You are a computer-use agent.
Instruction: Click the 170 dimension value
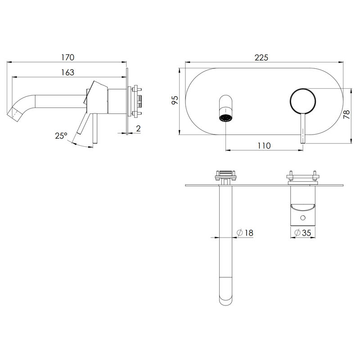68,58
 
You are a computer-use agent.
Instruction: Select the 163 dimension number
68,72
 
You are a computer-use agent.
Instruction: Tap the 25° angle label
61,136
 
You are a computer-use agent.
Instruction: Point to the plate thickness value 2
138,128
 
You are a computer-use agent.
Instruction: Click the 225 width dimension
261,58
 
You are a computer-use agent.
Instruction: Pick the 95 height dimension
175,100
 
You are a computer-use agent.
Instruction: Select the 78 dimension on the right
346,114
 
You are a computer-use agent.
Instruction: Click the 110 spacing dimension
264,145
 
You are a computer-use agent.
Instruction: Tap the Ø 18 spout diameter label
245,233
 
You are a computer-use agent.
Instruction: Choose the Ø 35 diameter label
303,233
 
